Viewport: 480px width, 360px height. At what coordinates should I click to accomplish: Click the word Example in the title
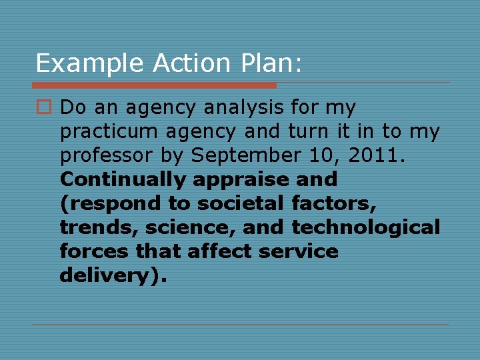[x=90, y=63]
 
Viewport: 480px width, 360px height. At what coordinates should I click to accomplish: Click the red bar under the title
[x=154, y=85]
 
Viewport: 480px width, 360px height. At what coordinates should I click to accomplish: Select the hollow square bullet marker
[x=43, y=107]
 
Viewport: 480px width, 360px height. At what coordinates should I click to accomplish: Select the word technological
[x=366, y=227]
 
